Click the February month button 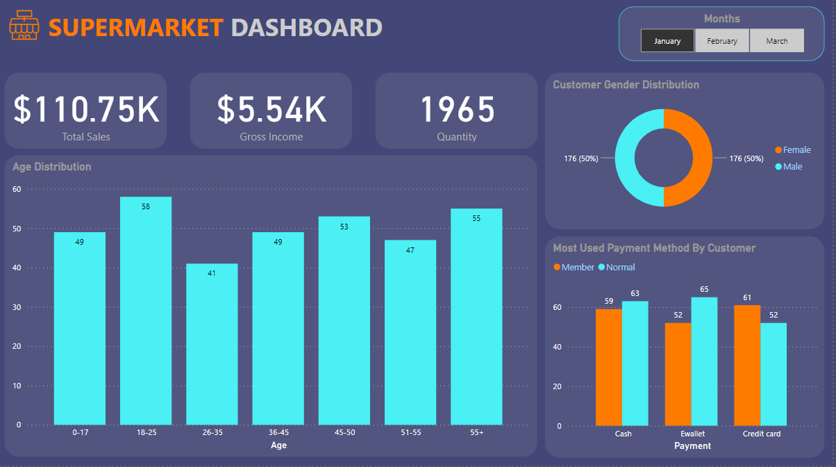point(722,41)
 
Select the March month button point(777,41)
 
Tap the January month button point(667,41)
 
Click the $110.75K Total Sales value point(86,109)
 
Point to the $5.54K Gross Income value point(271,109)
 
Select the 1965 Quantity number point(457,109)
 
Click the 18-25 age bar point(146,313)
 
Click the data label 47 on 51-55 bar point(410,249)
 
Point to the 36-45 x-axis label point(278,433)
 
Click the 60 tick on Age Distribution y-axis point(17,189)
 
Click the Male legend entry point(792,166)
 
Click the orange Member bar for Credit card point(747,365)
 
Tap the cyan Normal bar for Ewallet point(704,361)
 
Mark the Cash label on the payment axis point(623,434)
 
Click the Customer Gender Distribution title point(626,85)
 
